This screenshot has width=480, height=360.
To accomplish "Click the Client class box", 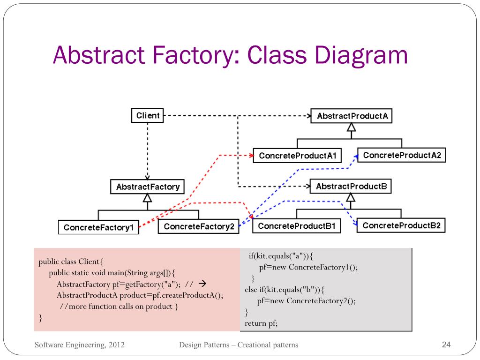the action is tap(147, 115).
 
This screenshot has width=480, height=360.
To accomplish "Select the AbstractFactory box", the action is tap(147, 187).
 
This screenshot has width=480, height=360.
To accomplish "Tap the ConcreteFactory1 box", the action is tap(98, 227).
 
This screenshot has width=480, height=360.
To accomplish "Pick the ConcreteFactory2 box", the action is tap(198, 226).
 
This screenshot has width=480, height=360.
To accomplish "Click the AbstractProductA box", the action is tap(352, 116).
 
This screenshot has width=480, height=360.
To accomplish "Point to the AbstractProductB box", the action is tap(351, 187).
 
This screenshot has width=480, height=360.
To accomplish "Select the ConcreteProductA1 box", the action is tap(297, 156).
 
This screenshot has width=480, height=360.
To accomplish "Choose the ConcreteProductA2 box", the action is tap(402, 155).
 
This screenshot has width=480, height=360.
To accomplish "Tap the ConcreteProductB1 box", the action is tap(297, 226).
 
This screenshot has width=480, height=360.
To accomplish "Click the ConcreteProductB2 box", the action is tap(401, 225).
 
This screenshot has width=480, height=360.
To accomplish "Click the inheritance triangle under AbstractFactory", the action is tap(147, 198).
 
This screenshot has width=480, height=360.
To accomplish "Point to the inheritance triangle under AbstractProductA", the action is tap(352, 127).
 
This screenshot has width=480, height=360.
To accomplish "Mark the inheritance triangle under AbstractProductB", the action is tap(351, 197).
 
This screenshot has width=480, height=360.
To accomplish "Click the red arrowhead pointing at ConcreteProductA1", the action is tap(251, 156).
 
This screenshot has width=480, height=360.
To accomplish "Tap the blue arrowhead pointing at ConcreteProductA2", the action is tap(356, 157).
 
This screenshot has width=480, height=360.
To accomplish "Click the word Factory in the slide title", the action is tap(192, 55).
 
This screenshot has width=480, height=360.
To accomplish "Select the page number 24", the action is tap(446, 345).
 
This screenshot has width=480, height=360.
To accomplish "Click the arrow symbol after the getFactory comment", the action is tap(202, 284).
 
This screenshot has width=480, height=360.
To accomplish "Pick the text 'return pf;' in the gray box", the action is tap(261, 323).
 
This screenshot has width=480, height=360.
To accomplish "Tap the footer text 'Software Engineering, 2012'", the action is tap(80, 345).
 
